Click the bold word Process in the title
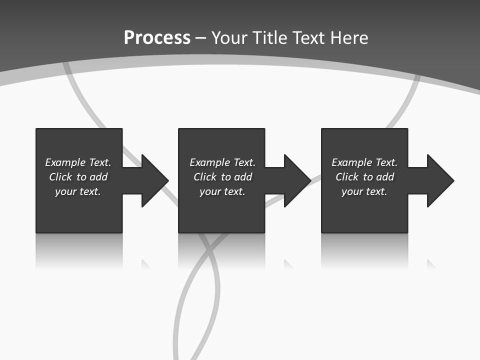point(157,38)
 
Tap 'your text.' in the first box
point(77,191)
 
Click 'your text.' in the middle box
point(222,191)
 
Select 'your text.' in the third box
point(364,191)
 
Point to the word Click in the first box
point(60,177)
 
